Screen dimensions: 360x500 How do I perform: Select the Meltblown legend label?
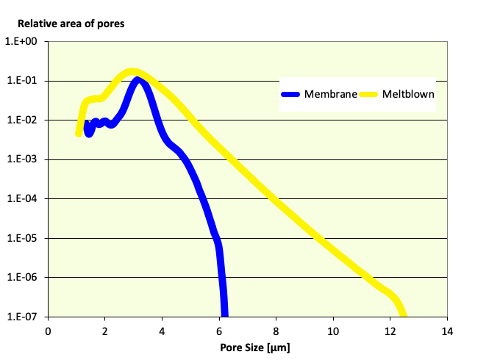pos(409,94)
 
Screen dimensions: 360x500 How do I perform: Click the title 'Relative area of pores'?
pos(71,24)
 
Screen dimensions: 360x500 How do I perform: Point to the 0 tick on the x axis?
pos(48,331)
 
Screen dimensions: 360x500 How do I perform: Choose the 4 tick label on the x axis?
pos(162,331)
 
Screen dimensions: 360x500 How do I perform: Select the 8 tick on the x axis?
pos(276,331)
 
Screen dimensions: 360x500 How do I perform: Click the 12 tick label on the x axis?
pos(390,331)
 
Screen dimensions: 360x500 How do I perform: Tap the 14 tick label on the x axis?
pos(446,331)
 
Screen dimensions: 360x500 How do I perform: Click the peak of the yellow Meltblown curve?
pos(132,72)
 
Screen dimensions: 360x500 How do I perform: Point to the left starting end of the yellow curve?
pos(79,134)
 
